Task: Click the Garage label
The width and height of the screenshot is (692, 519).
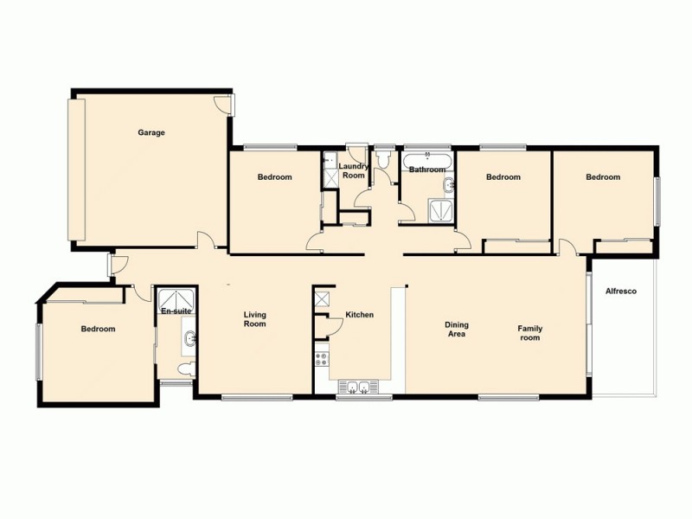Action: point(151,132)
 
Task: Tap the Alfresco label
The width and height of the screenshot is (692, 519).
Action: point(620,292)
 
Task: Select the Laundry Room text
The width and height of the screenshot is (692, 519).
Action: point(353,170)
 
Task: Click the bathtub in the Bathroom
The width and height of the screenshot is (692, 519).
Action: point(426,160)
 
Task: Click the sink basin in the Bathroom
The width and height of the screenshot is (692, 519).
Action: point(447,184)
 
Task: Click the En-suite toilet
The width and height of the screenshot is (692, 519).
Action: point(183,370)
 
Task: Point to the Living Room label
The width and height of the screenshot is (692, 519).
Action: point(254,319)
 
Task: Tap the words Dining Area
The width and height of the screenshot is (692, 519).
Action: point(457,329)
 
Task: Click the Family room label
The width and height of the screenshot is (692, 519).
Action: point(529,332)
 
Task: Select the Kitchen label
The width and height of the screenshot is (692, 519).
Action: point(359,314)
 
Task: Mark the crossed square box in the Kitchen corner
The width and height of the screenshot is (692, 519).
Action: point(323,298)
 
